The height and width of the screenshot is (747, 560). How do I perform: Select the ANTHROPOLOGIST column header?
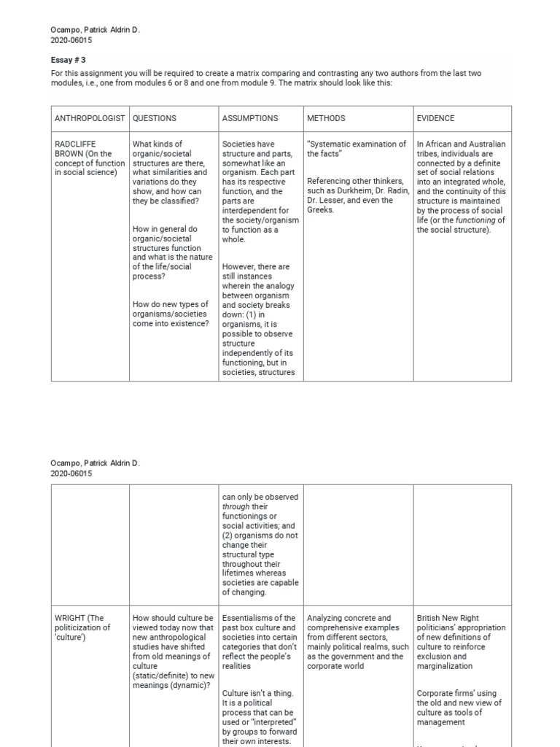point(90,118)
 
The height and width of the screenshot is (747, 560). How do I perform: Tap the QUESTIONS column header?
point(155,118)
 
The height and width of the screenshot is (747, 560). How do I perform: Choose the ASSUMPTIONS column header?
point(250,118)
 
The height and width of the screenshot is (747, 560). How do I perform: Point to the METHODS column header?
point(326,118)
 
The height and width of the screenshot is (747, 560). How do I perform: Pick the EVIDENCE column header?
point(435,118)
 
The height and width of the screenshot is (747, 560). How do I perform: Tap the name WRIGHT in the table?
point(70,619)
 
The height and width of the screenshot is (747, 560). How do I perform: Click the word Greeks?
point(321,210)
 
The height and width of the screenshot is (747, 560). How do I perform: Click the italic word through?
point(236,507)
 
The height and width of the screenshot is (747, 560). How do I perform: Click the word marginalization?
point(445,666)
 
